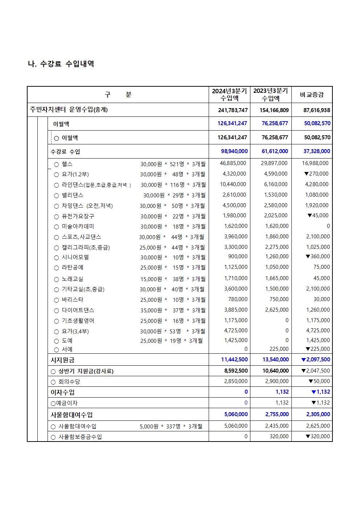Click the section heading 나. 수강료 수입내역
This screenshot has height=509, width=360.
pos(61,64)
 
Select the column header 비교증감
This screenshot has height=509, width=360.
pos(311,95)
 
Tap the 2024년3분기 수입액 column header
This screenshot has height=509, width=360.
pos(229,94)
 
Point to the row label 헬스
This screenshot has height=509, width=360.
pos(67,164)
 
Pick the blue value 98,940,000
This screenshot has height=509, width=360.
pos(234,151)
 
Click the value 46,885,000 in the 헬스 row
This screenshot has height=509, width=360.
pos(233,164)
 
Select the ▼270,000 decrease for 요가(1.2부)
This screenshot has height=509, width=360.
pos(316,174)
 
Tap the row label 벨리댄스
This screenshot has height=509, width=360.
pos(73,195)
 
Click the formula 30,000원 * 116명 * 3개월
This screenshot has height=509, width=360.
pos(173,185)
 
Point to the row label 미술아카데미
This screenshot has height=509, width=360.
pos(78,226)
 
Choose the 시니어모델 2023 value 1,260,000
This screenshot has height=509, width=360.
pos(276,257)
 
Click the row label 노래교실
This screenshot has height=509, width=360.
pos(72,279)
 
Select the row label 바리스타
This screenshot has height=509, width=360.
pos(73,300)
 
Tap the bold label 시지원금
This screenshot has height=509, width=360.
pos(62,360)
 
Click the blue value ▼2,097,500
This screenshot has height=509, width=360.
pos(315,360)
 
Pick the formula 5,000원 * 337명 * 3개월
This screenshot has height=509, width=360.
pos(171,426)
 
